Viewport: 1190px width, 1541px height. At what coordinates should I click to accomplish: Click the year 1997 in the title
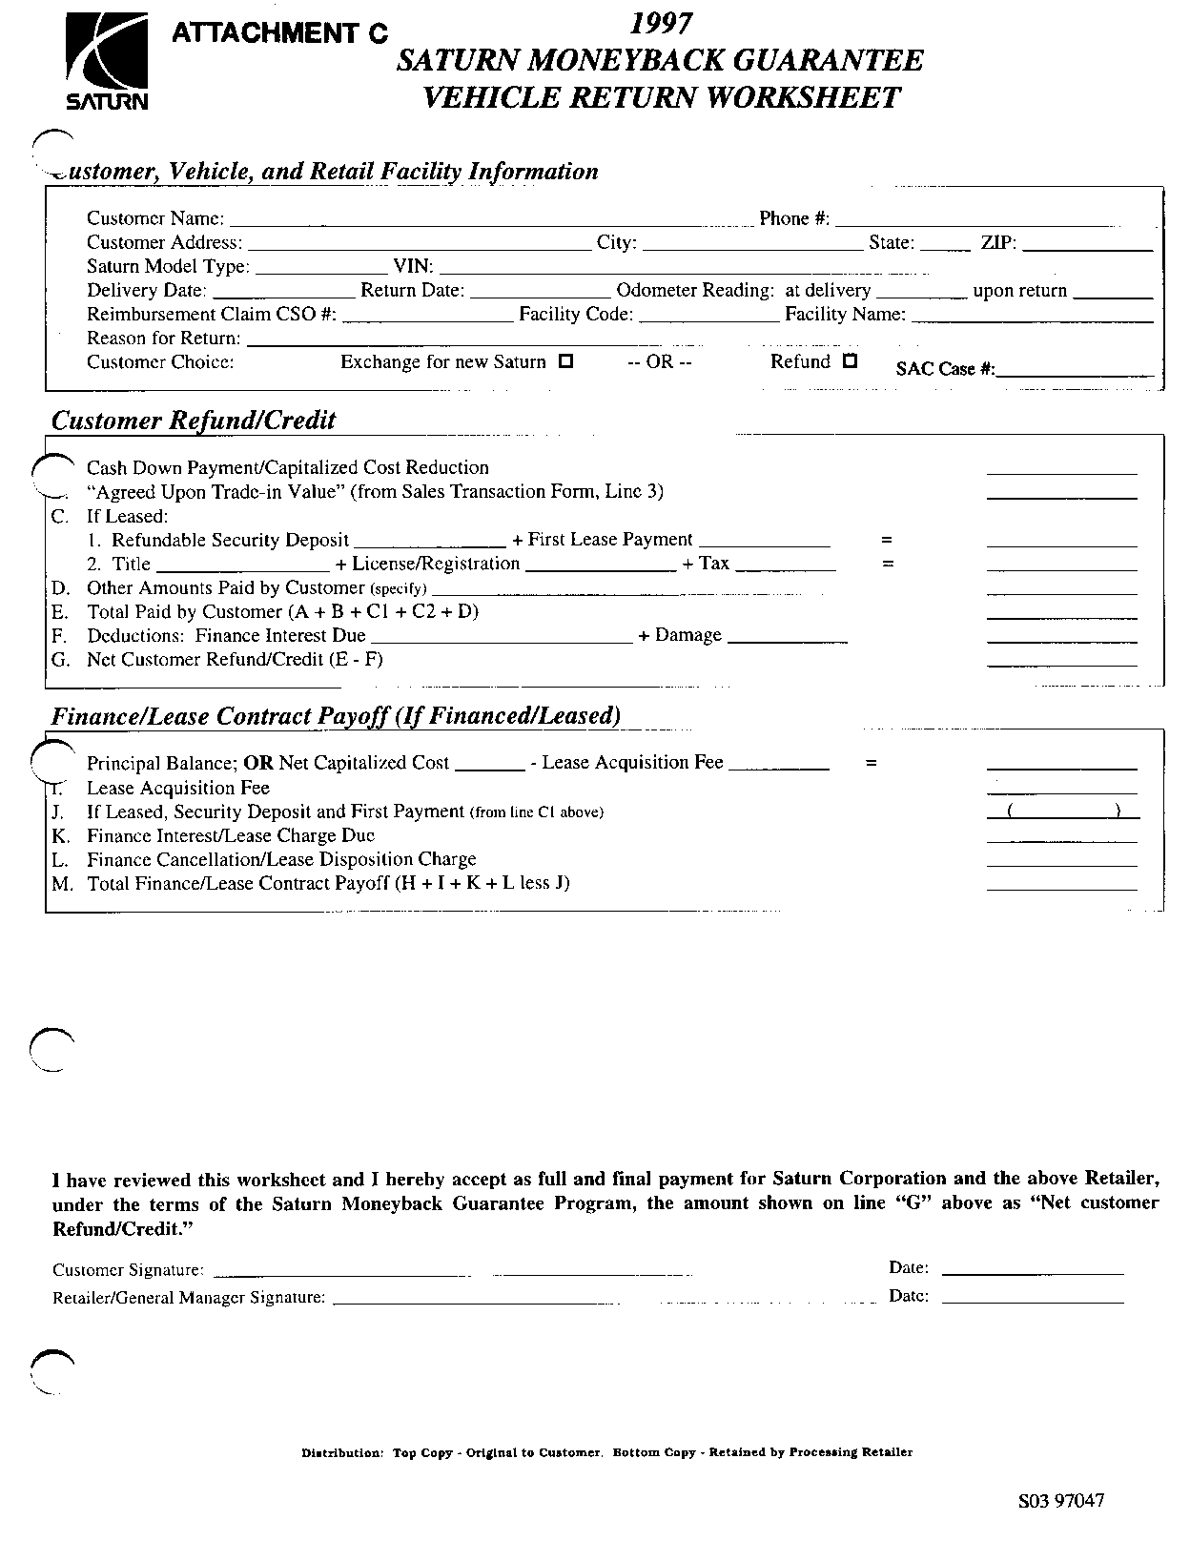pyautogui.click(x=661, y=24)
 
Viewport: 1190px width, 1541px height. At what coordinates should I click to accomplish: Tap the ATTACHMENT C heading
pyautogui.click(x=279, y=33)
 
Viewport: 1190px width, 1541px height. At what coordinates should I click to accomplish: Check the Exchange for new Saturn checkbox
pyautogui.click(x=565, y=362)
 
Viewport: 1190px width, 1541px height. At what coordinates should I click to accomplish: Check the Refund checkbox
pyautogui.click(x=851, y=361)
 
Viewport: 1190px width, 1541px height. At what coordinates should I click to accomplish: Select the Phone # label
pyautogui.click(x=793, y=219)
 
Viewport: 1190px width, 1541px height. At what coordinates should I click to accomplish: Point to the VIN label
pyautogui.click(x=414, y=267)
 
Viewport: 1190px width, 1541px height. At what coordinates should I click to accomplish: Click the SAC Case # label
pyautogui.click(x=945, y=369)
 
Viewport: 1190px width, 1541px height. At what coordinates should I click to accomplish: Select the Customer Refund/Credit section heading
pyautogui.click(x=194, y=421)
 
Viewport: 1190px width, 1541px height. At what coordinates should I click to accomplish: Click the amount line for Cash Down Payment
pyautogui.click(x=1061, y=472)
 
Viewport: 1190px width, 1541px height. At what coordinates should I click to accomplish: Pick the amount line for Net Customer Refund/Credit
pyautogui.click(x=1061, y=664)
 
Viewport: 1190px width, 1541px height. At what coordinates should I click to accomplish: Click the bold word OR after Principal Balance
pyautogui.click(x=258, y=763)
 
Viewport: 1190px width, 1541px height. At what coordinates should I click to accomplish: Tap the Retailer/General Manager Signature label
pyautogui.click(x=189, y=1298)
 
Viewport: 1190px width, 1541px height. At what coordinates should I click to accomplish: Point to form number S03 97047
pyautogui.click(x=1061, y=1501)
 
